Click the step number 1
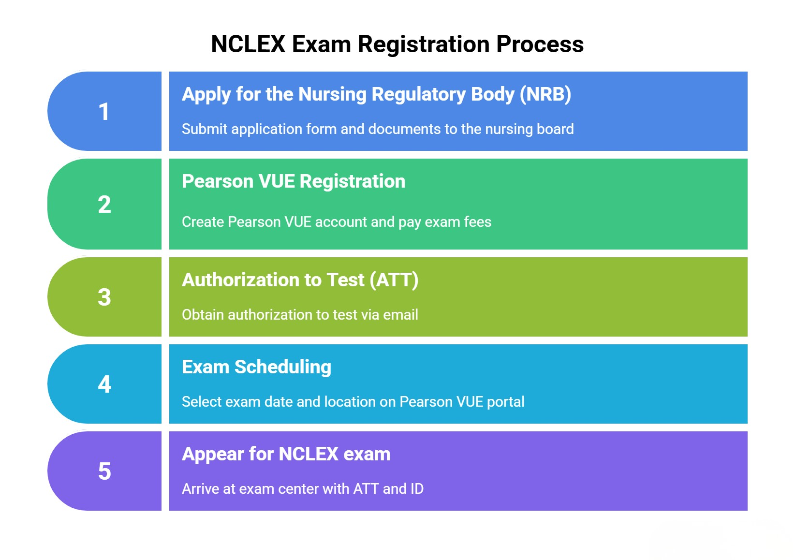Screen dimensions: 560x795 pyautogui.click(x=104, y=112)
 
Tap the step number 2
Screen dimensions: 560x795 pyautogui.click(x=104, y=205)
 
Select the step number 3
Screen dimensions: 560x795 pyautogui.click(x=104, y=297)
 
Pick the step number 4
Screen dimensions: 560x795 pyautogui.click(x=104, y=384)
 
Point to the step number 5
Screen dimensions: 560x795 pyautogui.click(x=104, y=471)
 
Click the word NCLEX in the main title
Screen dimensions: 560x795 pyautogui.click(x=248, y=44)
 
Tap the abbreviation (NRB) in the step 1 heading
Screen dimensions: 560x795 pyautogui.click(x=545, y=94)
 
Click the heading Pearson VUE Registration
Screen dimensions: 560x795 pyautogui.click(x=294, y=181)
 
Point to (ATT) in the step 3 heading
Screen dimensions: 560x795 pyautogui.click(x=394, y=280)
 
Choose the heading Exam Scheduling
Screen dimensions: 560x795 pyautogui.click(x=256, y=367)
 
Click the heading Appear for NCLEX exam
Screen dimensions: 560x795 pyautogui.click(x=286, y=454)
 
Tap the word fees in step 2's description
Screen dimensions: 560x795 pyautogui.click(x=478, y=222)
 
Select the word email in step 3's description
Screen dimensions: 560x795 pyautogui.click(x=400, y=315)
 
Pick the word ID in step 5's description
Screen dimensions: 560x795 pyautogui.click(x=417, y=489)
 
